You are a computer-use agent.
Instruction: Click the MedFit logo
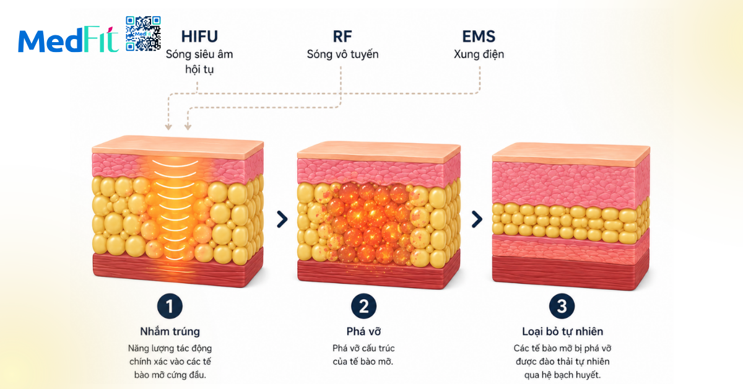pos(68,40)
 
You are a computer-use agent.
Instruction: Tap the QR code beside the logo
pos(143,33)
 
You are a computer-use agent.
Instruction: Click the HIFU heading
pos(199,37)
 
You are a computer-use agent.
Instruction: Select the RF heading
pos(342,37)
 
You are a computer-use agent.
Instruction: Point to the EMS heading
pos(479,37)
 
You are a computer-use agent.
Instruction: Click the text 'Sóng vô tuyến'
pos(342,54)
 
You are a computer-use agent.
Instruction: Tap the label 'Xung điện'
pos(479,54)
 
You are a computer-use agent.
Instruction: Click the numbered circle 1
pos(170,306)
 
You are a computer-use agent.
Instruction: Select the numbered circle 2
pos(363,306)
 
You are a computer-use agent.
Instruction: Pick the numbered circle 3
pos(562,306)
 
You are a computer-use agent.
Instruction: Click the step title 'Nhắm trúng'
pos(170,331)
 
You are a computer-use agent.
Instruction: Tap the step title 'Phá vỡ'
pos(363,331)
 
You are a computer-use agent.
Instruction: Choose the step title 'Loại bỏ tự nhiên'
pos(562,331)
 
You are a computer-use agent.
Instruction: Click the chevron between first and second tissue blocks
pos(282,219)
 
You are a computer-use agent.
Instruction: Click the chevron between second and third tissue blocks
pos(477,219)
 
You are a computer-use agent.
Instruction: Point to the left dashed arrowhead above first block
pos(168,127)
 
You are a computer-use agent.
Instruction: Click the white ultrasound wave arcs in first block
pos(175,209)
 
